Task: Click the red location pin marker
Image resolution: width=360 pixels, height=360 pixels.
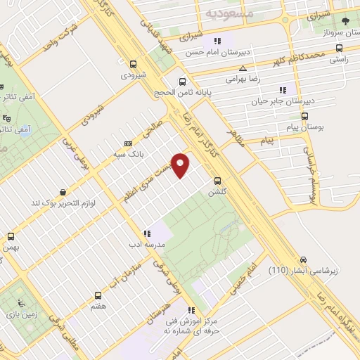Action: pyautogui.click(x=181, y=165)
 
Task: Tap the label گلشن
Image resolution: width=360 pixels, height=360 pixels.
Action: pyautogui.click(x=217, y=192)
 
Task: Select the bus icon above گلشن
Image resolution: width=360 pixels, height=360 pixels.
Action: pyautogui.click(x=218, y=180)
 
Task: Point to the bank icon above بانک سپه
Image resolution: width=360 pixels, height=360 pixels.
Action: pyautogui.click(x=127, y=141)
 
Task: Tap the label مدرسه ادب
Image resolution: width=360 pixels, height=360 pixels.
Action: pyautogui.click(x=146, y=245)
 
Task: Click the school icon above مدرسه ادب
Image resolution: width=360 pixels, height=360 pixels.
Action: pyautogui.click(x=146, y=233)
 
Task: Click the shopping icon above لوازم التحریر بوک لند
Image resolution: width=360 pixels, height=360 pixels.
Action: pyautogui.click(x=64, y=191)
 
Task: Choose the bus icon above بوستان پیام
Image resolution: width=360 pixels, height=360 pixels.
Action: pyautogui.click(x=304, y=117)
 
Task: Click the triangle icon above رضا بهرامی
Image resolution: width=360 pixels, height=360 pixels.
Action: pyautogui.click(x=243, y=69)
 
